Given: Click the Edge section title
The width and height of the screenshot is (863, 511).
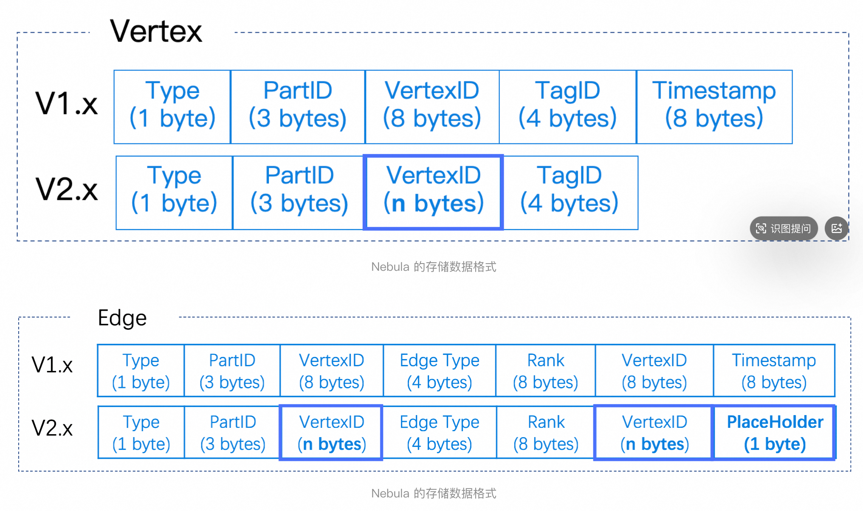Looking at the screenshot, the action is click(x=122, y=318).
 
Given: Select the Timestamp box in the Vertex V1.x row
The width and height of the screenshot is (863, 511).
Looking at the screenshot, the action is click(x=714, y=107).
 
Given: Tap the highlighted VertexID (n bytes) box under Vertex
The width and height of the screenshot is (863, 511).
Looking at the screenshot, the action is click(x=434, y=193).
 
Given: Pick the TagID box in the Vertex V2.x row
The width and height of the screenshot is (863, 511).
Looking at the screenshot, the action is click(x=570, y=193).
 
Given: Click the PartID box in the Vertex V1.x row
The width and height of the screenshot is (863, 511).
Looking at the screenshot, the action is click(x=298, y=107).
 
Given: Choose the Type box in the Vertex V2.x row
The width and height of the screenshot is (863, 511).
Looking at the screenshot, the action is click(x=174, y=193).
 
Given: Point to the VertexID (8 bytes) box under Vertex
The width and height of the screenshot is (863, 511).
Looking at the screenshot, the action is click(x=432, y=107).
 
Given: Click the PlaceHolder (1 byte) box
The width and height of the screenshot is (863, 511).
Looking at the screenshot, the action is click(x=775, y=432).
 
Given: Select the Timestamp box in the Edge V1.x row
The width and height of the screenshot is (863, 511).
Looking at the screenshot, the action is click(x=774, y=371).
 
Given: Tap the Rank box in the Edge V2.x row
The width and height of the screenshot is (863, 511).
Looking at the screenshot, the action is click(x=546, y=432).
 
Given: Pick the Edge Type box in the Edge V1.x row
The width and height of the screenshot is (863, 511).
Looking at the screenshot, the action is click(x=440, y=371).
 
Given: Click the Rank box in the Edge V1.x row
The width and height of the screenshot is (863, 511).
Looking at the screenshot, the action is click(x=546, y=371).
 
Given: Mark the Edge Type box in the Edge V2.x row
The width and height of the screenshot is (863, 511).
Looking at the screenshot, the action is click(x=440, y=432).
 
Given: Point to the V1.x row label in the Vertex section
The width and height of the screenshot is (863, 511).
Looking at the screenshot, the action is click(x=67, y=104).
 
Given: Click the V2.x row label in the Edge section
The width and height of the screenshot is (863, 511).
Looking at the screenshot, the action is click(x=52, y=428).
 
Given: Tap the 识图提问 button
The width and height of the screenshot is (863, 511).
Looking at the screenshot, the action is click(x=784, y=228).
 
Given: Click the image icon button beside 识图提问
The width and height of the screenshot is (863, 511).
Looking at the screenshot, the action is click(x=837, y=228).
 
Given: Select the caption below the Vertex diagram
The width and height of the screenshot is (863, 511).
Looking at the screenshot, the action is click(x=434, y=267).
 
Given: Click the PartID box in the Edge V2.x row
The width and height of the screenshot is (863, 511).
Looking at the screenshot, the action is click(x=233, y=432).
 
